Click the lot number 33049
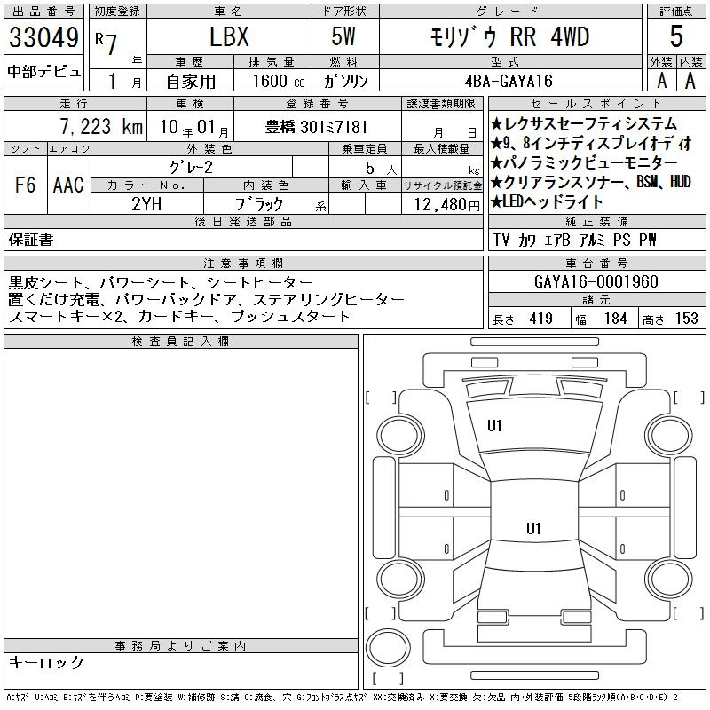click(x=43, y=37)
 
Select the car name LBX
click(x=229, y=36)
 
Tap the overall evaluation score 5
click(x=676, y=36)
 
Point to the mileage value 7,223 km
click(x=101, y=127)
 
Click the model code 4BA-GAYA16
click(x=509, y=81)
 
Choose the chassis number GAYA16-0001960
click(x=596, y=281)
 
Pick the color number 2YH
click(x=146, y=204)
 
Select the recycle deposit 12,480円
click(x=446, y=205)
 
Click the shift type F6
click(x=26, y=185)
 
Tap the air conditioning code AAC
click(x=68, y=185)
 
